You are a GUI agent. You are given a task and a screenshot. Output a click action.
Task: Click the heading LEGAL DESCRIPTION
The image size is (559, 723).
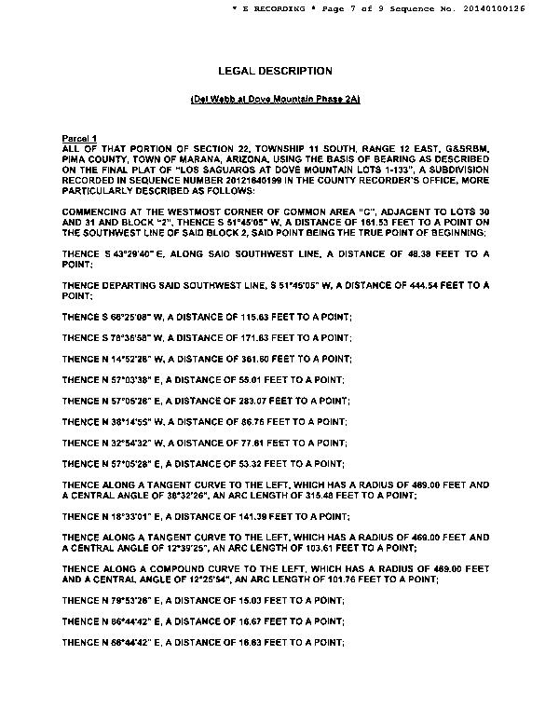tap(274, 71)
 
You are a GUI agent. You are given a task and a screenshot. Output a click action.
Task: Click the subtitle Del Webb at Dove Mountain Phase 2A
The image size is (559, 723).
tap(275, 99)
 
